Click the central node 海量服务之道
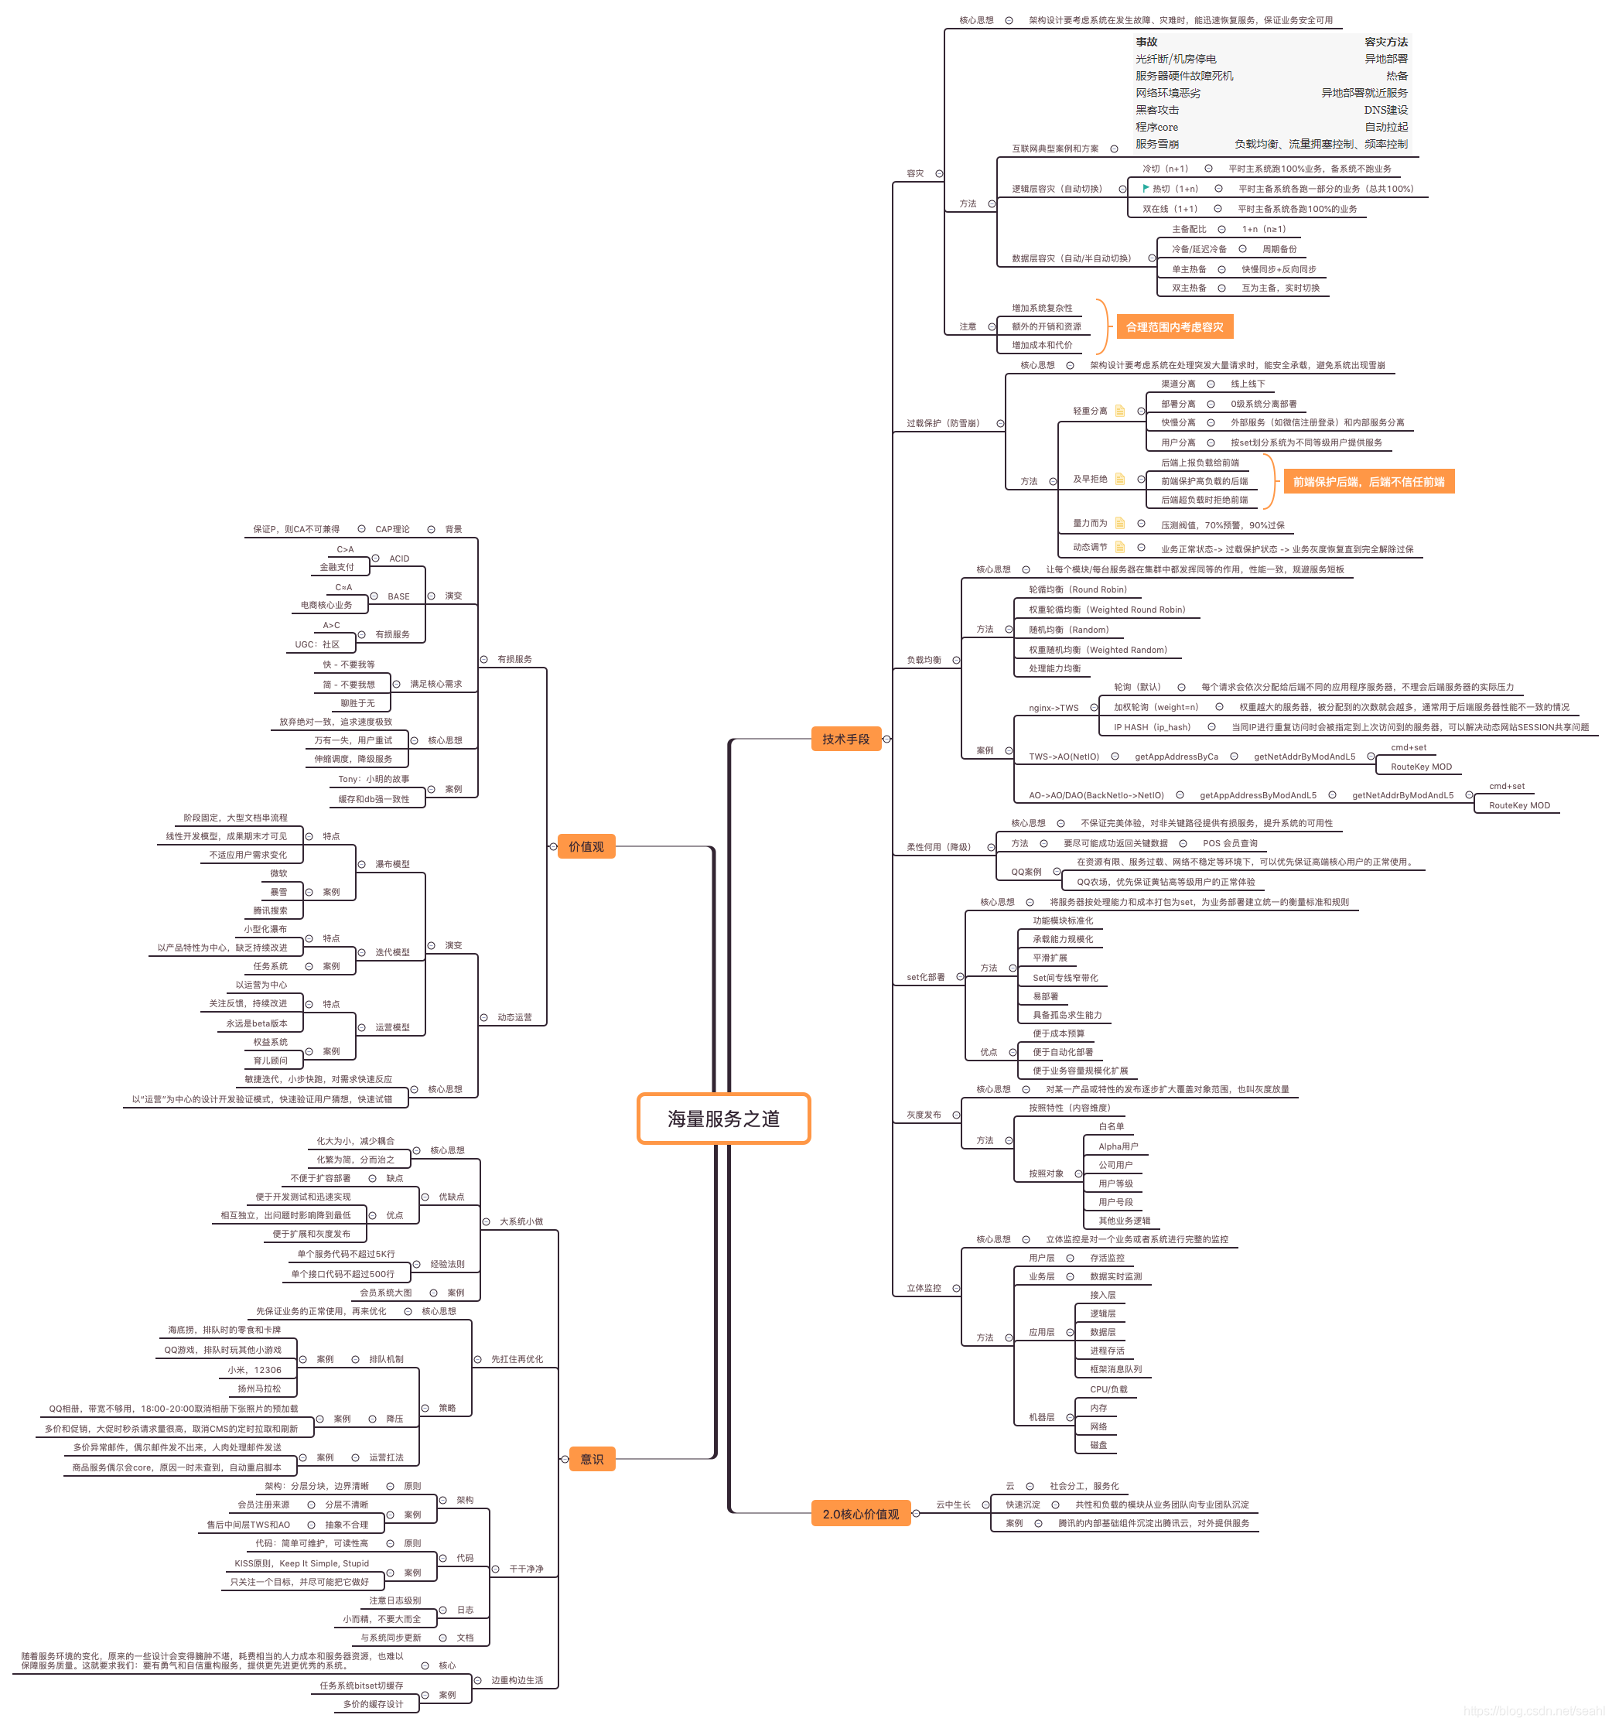[x=722, y=1119]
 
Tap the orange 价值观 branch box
[x=586, y=847]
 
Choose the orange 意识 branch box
[x=592, y=1460]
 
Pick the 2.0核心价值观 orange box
[x=860, y=1514]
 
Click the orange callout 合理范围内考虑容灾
[x=1174, y=327]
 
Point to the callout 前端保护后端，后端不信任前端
[x=1368, y=482]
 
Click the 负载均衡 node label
[x=924, y=661]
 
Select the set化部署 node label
[x=926, y=977]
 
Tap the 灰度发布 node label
[x=924, y=1115]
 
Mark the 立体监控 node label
[x=924, y=1289]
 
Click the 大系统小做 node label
[x=521, y=1221]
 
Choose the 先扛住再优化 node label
[x=517, y=1360]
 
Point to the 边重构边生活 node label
[x=517, y=1681]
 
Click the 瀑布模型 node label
[x=392, y=864]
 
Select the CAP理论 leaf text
[x=392, y=529]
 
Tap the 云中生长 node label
[x=953, y=1505]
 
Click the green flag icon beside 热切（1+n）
[x=1146, y=188]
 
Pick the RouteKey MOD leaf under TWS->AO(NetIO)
[x=1420, y=767]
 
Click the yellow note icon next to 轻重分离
[x=1119, y=411]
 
